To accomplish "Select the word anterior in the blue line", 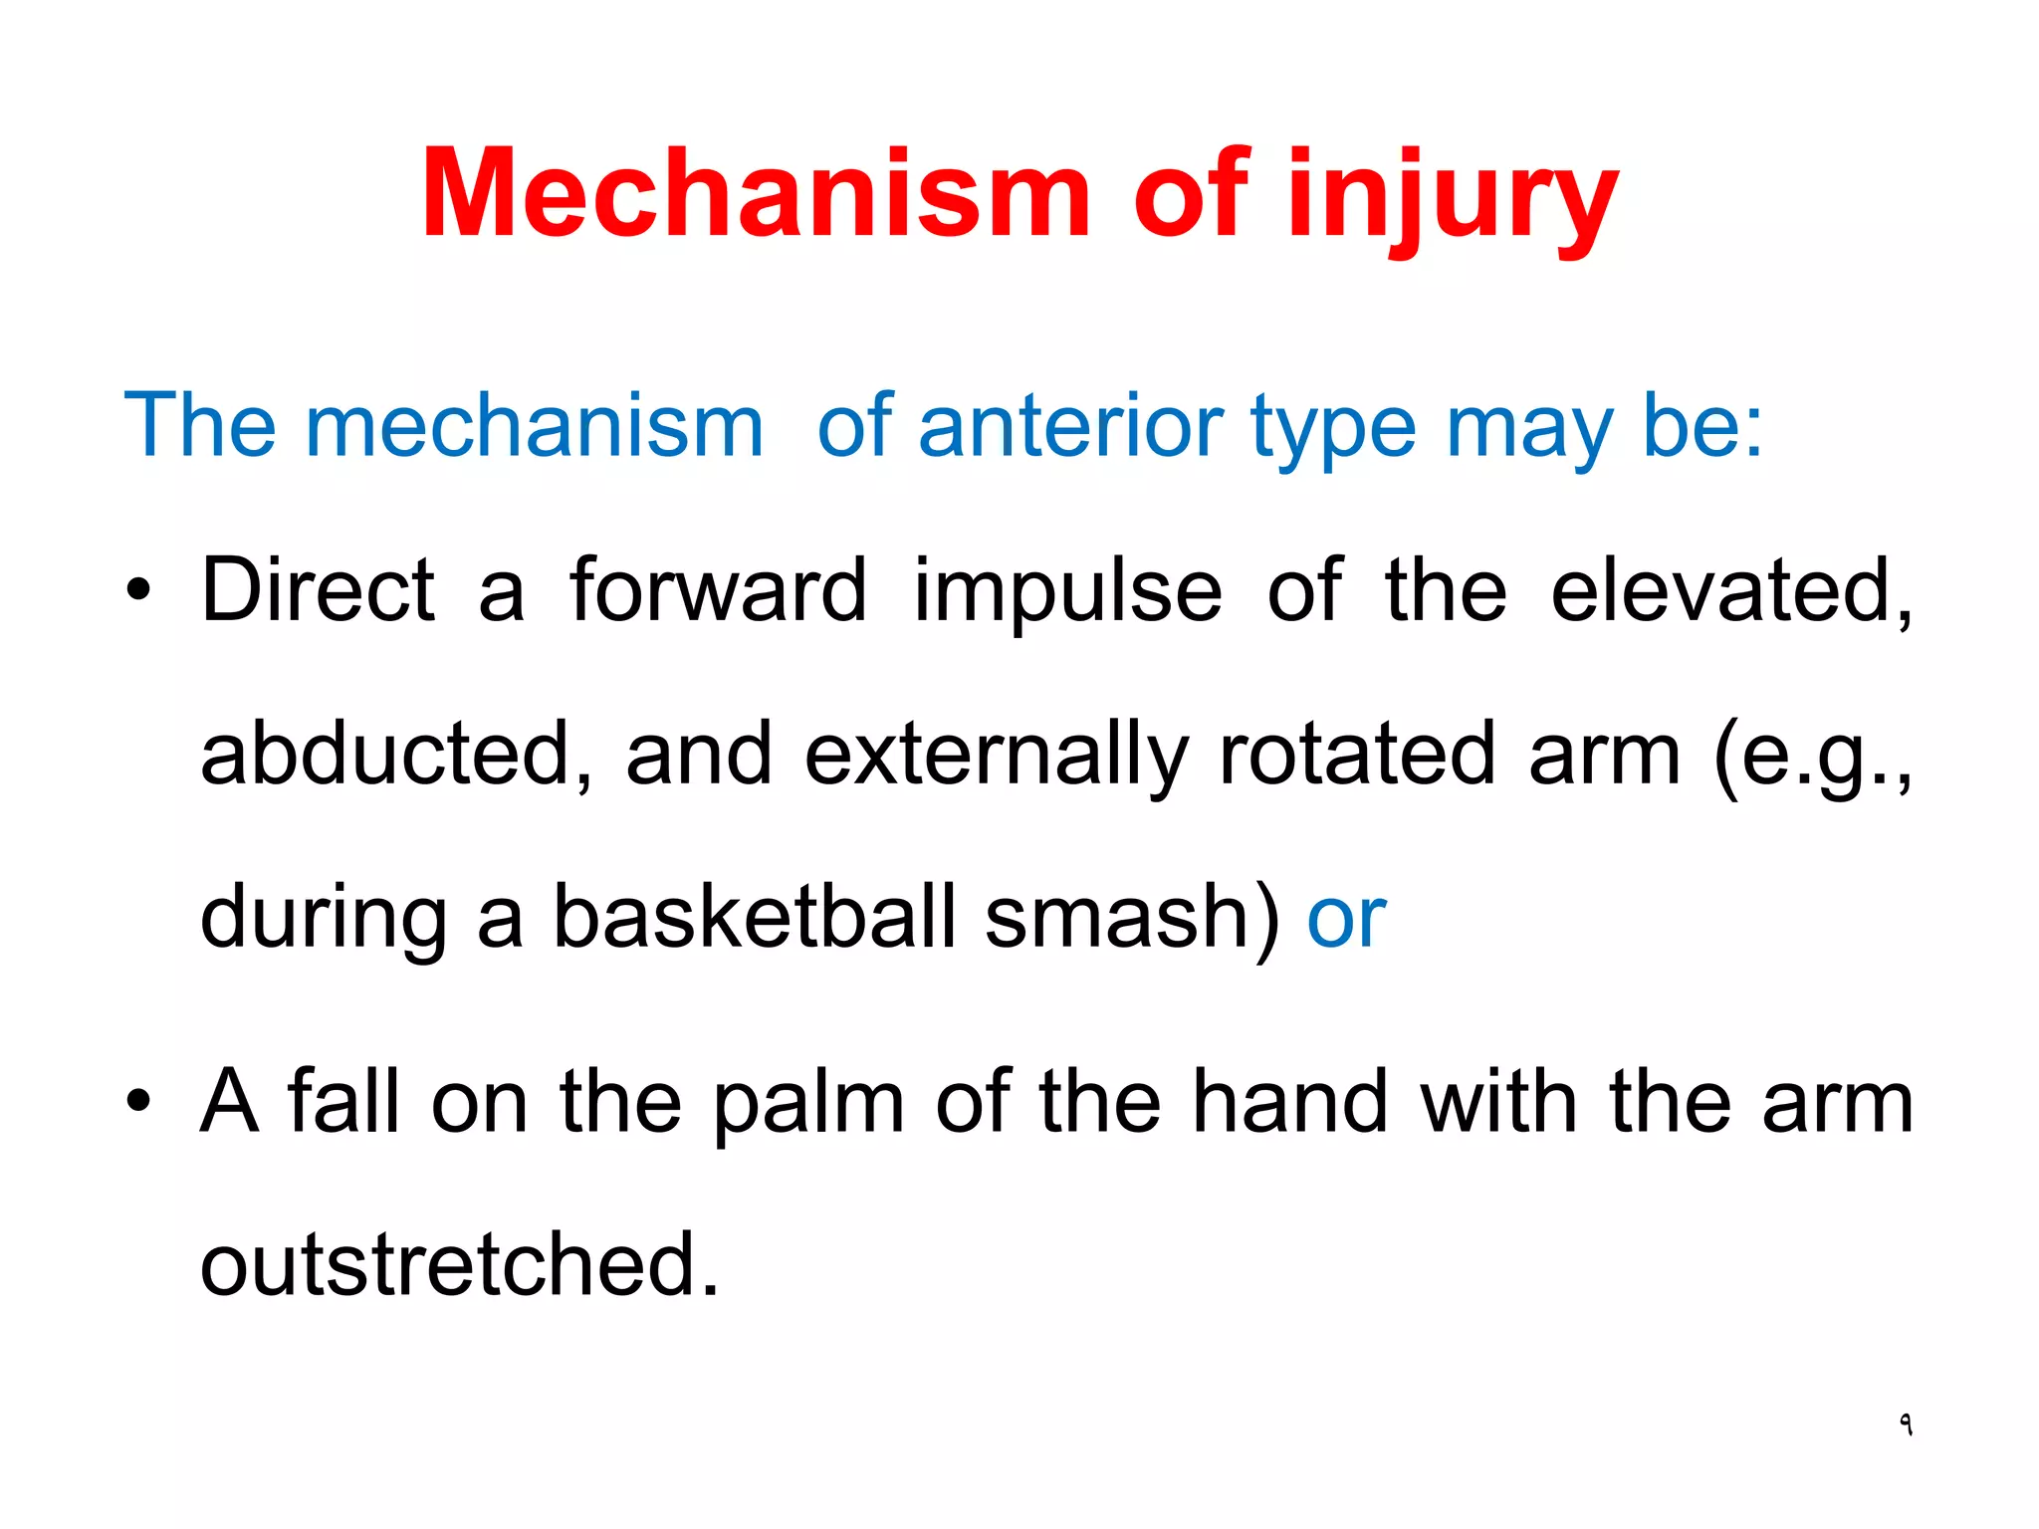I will point(1069,426).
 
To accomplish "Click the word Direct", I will point(318,590).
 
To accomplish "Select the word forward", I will point(718,590).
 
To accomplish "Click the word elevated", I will point(1729,590).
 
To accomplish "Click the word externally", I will point(996,756).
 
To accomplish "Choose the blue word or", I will point(1346,918).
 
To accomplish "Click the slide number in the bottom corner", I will point(1905,1424).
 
